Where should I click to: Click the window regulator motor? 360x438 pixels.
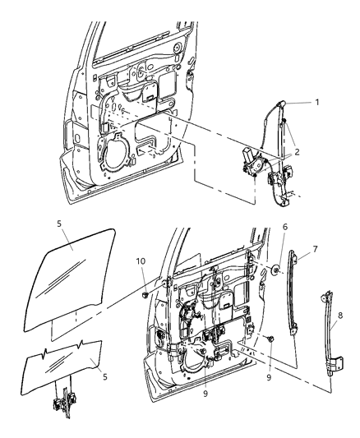click(248, 165)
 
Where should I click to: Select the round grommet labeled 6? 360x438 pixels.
click(279, 268)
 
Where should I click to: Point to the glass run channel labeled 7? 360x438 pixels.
click(295, 296)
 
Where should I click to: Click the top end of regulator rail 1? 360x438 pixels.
click(282, 101)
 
